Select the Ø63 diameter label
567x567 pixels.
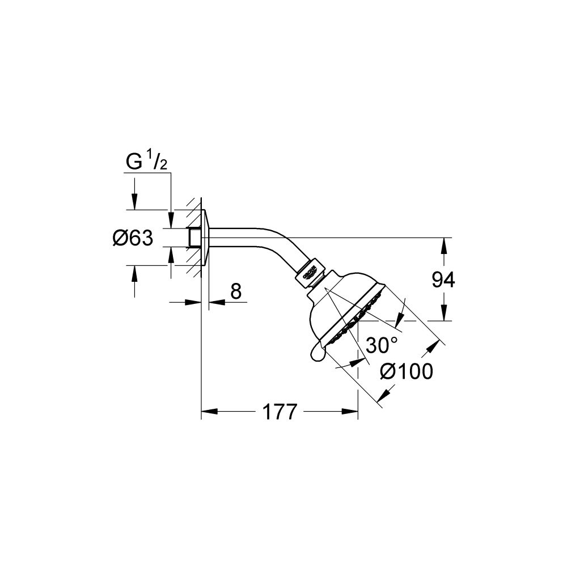133,239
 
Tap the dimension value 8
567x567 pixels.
236,291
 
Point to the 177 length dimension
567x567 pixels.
280,413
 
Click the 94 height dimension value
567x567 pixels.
443,280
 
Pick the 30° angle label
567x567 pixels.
381,344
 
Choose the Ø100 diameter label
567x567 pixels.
407,371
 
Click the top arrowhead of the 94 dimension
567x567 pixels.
443,243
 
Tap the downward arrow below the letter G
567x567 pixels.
134,202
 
